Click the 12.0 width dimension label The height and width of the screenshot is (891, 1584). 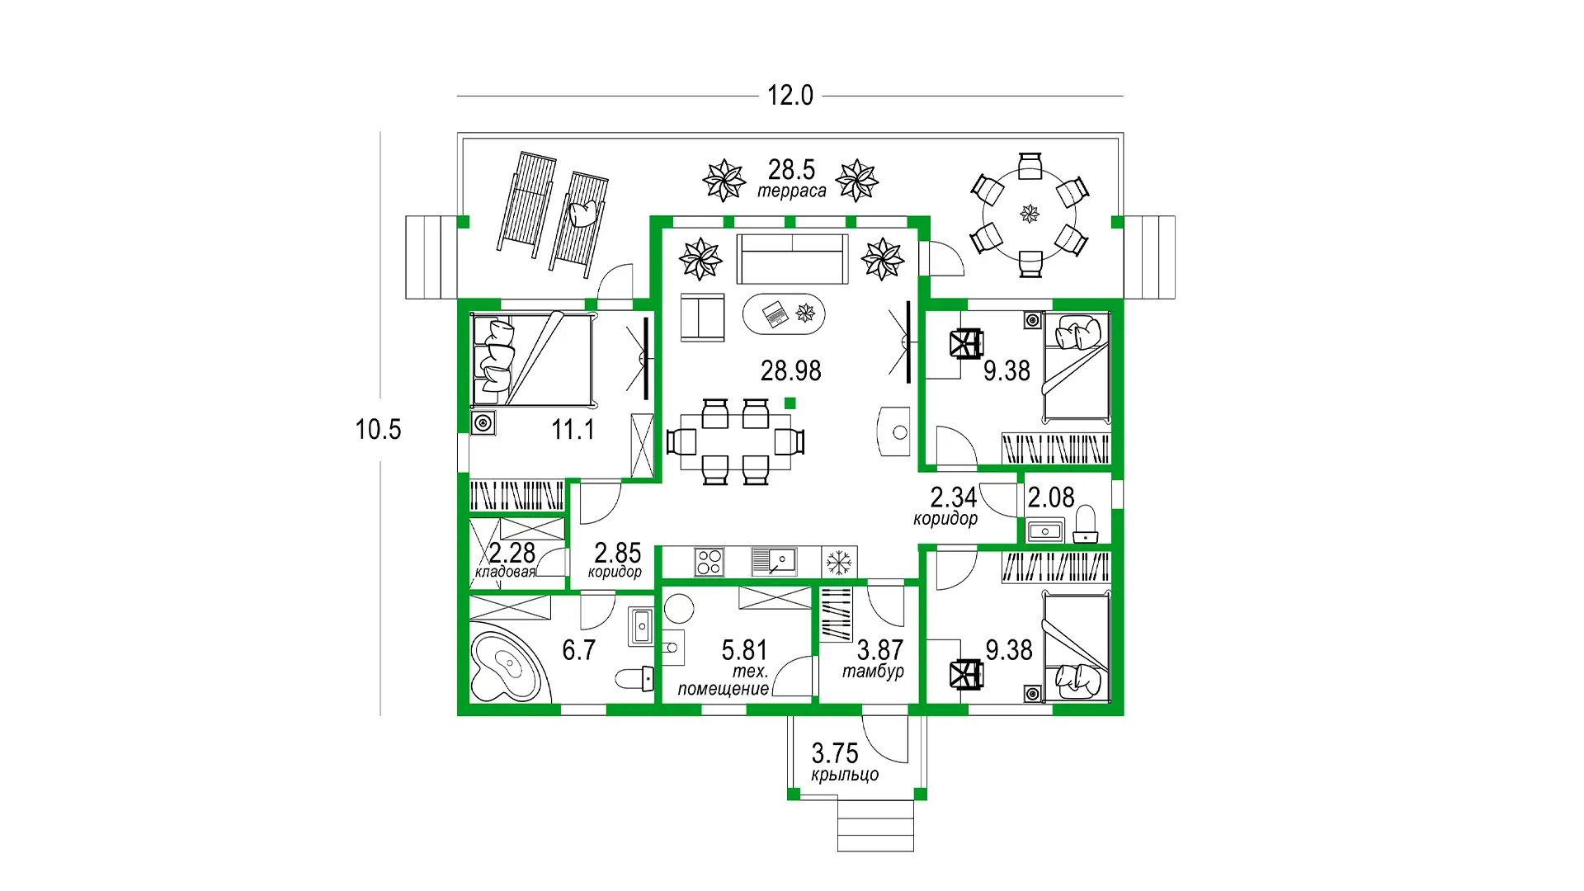790,96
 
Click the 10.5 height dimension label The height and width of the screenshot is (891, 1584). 378,429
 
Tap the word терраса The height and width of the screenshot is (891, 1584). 792,191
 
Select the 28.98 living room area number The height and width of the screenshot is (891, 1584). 790,371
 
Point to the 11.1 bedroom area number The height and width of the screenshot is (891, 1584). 573,430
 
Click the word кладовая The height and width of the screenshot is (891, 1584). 505,572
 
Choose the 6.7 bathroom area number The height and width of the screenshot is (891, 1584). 578,650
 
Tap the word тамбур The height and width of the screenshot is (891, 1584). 873,672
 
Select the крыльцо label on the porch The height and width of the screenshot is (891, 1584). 845,775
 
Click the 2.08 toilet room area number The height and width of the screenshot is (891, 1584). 1051,497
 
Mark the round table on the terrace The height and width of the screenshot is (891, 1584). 1030,214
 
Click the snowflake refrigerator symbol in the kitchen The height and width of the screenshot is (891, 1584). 839,563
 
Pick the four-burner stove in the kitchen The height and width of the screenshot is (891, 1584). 709,562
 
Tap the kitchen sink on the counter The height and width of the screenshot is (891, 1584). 774,562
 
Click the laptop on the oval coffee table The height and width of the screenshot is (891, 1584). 775,313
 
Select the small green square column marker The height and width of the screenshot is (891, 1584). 790,403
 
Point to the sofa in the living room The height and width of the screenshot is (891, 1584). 792,259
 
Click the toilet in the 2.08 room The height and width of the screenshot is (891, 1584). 1086,525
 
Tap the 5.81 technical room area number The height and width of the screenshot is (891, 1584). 744,650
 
